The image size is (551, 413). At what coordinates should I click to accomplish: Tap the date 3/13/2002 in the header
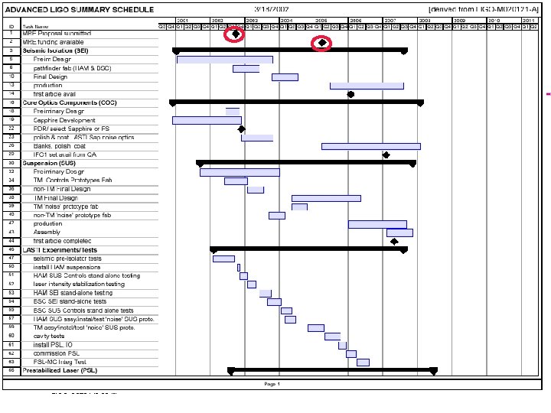click(x=272, y=9)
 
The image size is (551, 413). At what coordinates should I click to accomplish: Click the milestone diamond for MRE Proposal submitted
click(x=236, y=34)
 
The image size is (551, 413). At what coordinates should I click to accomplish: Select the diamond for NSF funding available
click(x=323, y=43)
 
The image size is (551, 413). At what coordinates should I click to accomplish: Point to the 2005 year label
click(x=321, y=20)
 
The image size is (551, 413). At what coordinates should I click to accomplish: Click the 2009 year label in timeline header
click(x=459, y=20)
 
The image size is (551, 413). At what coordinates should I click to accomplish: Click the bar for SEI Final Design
click(x=285, y=76)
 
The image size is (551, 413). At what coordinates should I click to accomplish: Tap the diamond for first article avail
click(x=350, y=94)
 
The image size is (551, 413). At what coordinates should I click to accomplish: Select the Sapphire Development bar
click(x=206, y=120)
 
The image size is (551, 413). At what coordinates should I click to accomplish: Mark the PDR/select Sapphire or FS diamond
click(x=241, y=129)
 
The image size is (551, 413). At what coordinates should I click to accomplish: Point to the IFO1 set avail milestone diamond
click(x=386, y=155)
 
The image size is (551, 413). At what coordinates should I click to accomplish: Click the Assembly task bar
click(x=399, y=233)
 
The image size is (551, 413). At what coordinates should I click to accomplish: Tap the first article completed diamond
click(x=394, y=242)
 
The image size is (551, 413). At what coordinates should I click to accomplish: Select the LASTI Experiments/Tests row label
click(x=60, y=250)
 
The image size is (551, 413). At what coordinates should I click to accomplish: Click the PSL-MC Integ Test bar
click(x=363, y=362)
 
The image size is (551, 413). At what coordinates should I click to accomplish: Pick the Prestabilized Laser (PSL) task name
click(x=60, y=371)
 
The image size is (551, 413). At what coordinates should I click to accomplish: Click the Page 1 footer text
click(x=272, y=383)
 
